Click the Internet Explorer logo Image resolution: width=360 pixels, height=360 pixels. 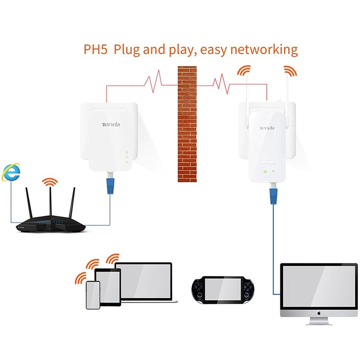(10, 172)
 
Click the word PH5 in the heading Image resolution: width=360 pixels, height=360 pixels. (96, 49)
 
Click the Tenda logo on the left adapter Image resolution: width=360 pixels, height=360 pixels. (110, 124)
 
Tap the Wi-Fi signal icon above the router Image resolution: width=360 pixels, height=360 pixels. (49, 182)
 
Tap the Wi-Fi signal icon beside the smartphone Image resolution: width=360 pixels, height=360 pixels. (81, 276)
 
